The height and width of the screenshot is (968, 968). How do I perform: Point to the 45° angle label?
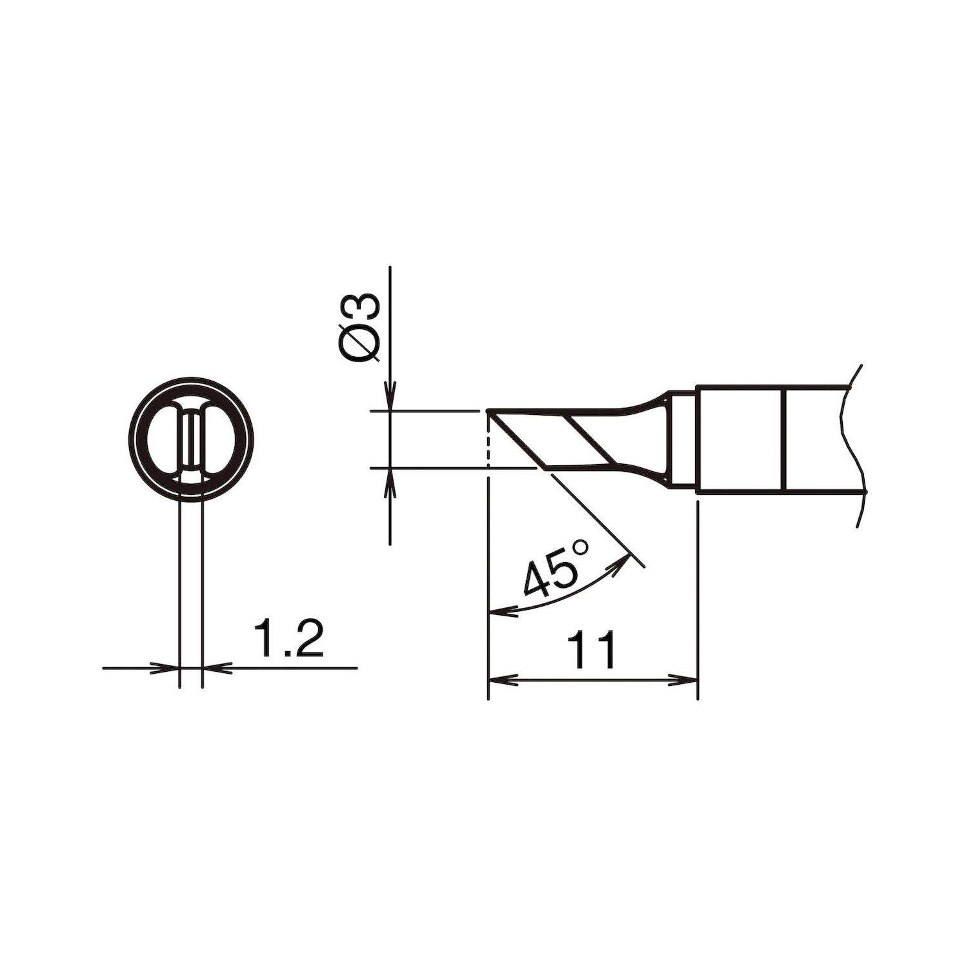(x=556, y=567)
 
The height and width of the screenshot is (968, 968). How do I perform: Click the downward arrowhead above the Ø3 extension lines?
(x=390, y=397)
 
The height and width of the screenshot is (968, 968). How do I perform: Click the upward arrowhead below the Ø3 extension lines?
(x=390, y=481)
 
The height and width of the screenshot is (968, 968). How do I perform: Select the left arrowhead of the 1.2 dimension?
(x=165, y=668)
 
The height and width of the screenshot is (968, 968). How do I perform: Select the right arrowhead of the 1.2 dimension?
(x=217, y=668)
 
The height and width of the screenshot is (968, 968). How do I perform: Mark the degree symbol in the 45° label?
(x=580, y=547)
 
